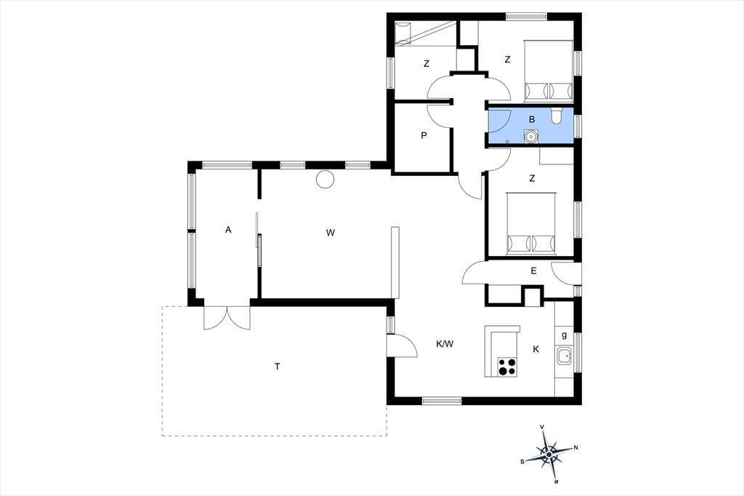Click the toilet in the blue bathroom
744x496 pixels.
[x=557, y=116]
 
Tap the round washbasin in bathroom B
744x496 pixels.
[x=530, y=137]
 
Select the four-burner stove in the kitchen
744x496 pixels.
[x=506, y=367]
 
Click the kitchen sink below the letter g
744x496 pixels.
[x=565, y=356]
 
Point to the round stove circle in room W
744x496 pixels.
[x=325, y=179]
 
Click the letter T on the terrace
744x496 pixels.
[x=277, y=367]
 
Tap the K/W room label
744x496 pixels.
[x=445, y=344]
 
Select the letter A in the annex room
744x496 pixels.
[x=228, y=230]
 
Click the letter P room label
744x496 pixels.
[x=424, y=135]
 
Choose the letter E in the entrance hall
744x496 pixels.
[x=534, y=271]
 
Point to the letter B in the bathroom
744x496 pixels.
[x=531, y=119]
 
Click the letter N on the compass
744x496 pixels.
[x=576, y=447]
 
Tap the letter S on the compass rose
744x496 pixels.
[x=522, y=461]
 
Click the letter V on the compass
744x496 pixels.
[x=542, y=427]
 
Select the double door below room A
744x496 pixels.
[x=227, y=318]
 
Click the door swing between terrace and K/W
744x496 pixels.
[x=403, y=346]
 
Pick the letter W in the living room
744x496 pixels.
[x=331, y=232]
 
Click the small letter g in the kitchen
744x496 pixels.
[x=564, y=335]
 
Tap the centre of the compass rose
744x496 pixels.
[x=549, y=455]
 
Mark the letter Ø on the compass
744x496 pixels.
[x=556, y=481]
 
